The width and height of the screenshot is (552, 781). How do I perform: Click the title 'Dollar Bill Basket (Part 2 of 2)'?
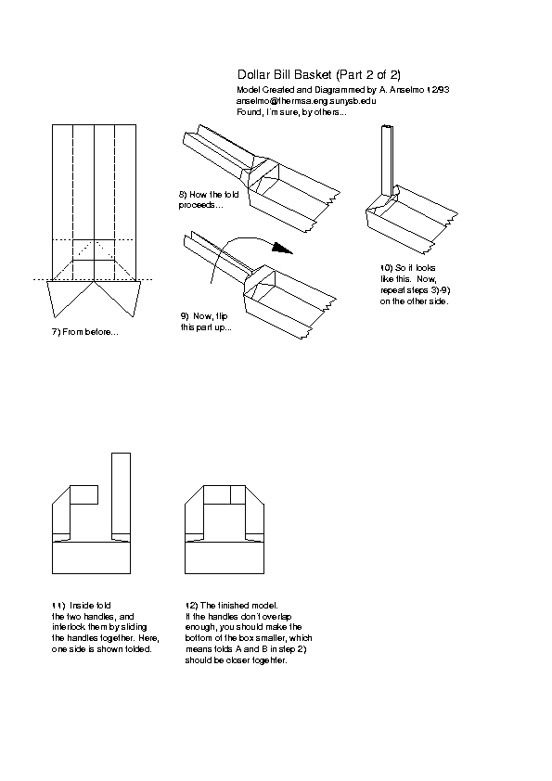click(x=319, y=75)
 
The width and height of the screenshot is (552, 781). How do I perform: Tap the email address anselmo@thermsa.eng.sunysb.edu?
click(x=306, y=100)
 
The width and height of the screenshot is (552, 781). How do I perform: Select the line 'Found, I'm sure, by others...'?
click(x=291, y=112)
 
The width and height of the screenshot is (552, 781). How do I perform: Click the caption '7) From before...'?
click(x=85, y=332)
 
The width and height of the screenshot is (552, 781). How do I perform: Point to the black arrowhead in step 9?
click(x=283, y=248)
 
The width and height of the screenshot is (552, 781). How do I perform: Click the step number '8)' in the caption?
click(x=183, y=194)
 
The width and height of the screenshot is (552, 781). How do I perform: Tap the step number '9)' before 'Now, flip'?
click(x=185, y=315)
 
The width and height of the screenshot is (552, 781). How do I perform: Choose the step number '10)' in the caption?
click(x=386, y=268)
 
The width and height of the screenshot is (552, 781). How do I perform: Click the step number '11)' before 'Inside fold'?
click(x=58, y=606)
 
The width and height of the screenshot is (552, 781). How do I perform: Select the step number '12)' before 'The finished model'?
click(x=192, y=606)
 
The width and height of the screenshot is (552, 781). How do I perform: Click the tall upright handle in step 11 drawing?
click(x=121, y=496)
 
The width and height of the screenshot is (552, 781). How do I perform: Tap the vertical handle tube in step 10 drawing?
click(x=388, y=160)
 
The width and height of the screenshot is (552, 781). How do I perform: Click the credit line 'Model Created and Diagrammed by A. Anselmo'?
click(x=329, y=90)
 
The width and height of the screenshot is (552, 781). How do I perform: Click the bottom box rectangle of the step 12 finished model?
click(x=225, y=557)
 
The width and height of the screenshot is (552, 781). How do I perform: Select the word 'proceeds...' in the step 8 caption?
click(x=200, y=205)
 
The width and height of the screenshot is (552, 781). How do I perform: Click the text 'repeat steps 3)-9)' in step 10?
click(x=415, y=290)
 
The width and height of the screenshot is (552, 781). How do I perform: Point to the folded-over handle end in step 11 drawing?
click(x=83, y=494)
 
